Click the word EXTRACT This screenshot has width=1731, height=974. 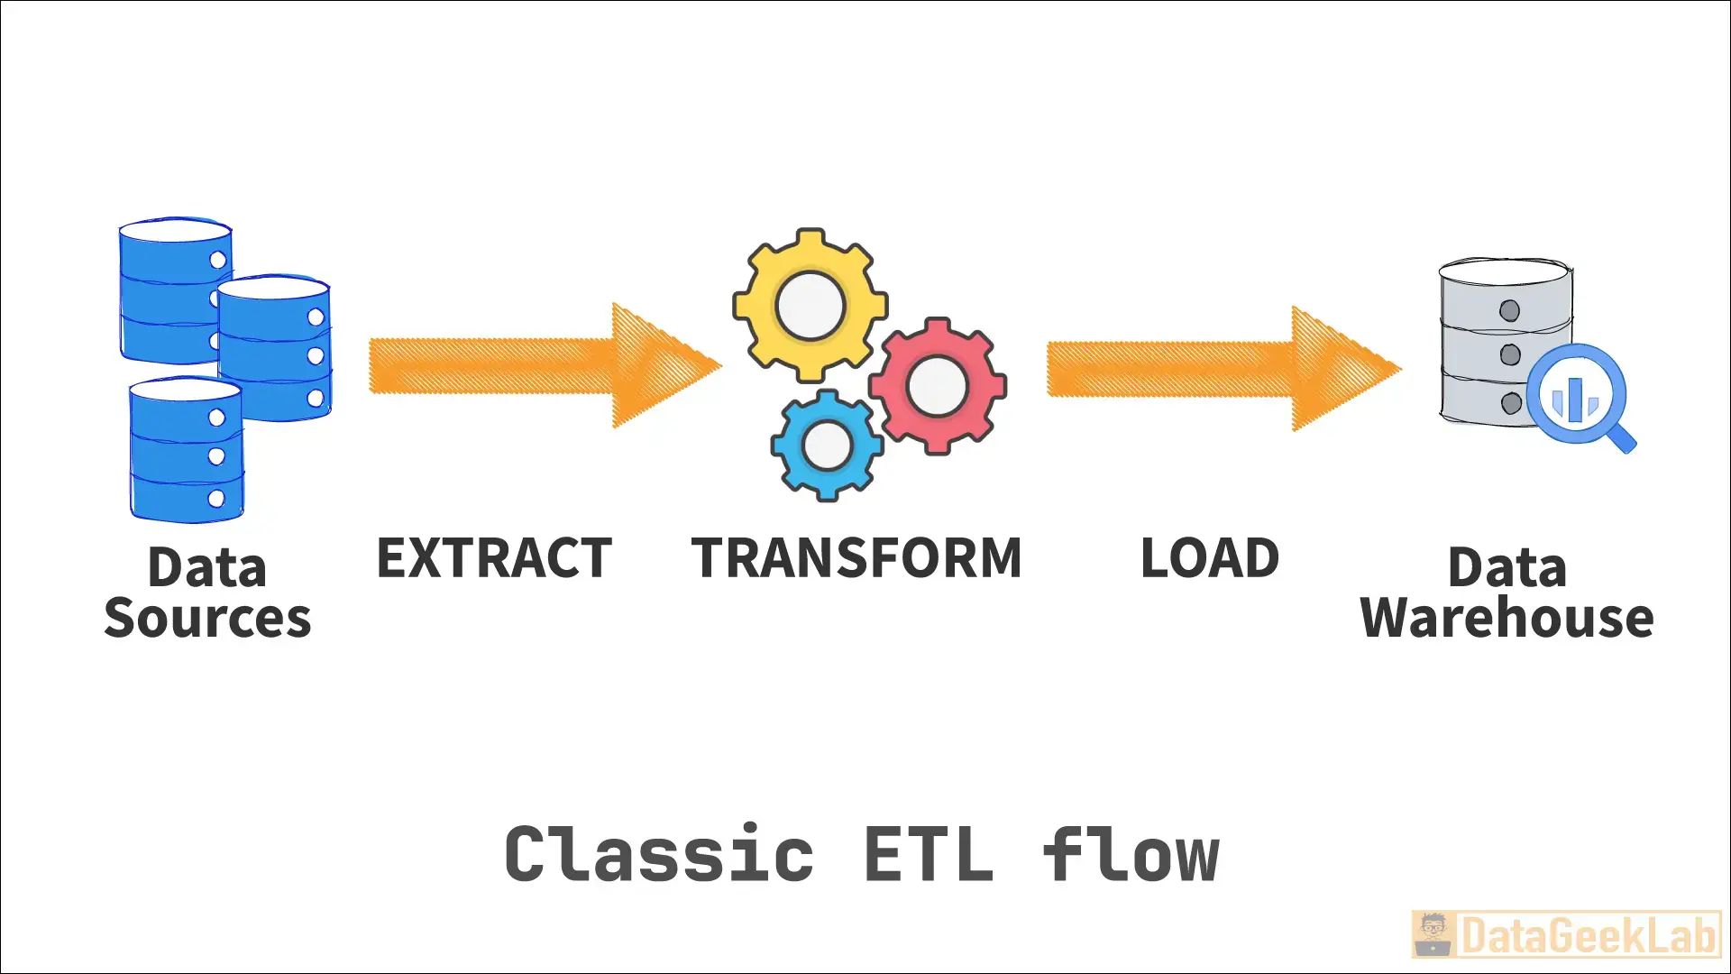point(494,558)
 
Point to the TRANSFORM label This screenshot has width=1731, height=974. point(856,558)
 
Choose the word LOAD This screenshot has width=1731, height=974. point(1210,558)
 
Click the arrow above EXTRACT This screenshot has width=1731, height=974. point(541,366)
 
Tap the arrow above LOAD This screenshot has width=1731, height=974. point(1217,369)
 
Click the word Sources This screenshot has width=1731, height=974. point(207,619)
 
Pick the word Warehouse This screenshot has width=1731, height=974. point(1507,619)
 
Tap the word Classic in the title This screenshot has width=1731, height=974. point(659,854)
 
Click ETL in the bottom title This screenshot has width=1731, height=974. point(929,854)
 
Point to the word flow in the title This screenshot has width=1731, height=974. point(1131,854)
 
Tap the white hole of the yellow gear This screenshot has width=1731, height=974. point(810,306)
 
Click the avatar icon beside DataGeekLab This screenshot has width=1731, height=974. point(1433,935)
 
